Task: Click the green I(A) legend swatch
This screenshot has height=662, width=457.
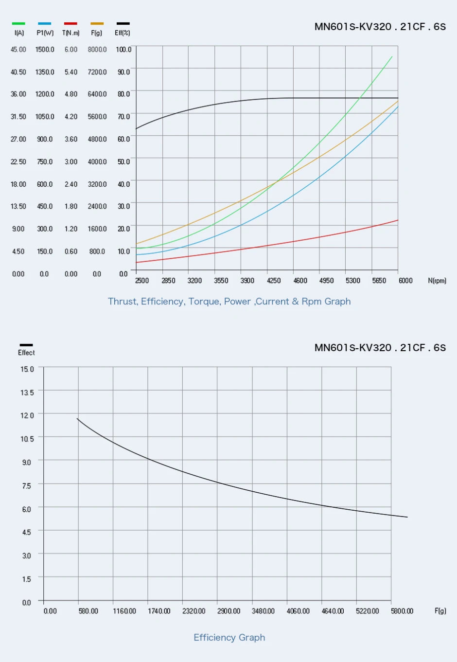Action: (x=18, y=23)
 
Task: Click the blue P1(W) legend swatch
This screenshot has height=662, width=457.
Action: (x=45, y=23)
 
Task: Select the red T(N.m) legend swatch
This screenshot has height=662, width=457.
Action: (x=70, y=23)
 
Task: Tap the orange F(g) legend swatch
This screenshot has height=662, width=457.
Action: (x=97, y=23)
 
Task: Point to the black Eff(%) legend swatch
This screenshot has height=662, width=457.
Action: (x=123, y=23)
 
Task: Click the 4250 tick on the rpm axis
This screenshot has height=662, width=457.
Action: (x=274, y=281)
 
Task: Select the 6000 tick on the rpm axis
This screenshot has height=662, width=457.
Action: (x=405, y=281)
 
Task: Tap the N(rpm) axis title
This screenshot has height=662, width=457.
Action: (x=437, y=281)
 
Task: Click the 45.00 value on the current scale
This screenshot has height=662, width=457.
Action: (x=18, y=50)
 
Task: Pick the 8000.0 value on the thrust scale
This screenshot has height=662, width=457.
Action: (x=97, y=50)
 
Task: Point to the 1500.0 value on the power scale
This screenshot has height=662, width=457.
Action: (x=45, y=50)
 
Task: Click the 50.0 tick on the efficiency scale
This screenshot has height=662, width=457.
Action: (x=123, y=161)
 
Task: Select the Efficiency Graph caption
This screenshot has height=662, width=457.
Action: (x=229, y=638)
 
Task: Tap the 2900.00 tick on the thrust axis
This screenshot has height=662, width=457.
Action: (x=228, y=611)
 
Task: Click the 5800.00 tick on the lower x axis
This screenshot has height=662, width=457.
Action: (x=402, y=611)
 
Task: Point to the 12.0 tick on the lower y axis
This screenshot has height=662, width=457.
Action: (x=27, y=415)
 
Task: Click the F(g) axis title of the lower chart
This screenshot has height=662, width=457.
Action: (x=440, y=611)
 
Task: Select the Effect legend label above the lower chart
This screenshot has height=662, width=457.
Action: (x=26, y=353)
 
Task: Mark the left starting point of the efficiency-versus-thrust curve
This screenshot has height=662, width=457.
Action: (x=77, y=418)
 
